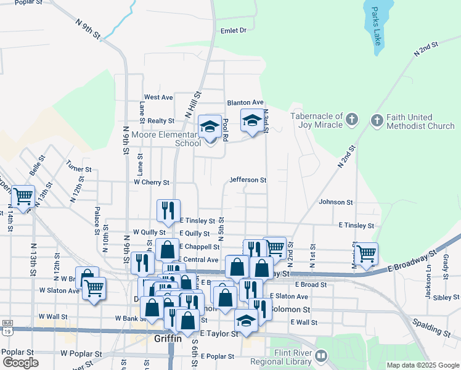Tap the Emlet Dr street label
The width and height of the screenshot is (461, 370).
[233, 30]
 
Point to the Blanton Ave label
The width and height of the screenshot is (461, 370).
[245, 102]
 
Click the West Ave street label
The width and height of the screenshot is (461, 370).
[158, 97]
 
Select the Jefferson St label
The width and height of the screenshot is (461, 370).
[248, 180]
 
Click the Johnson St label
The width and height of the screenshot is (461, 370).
[336, 202]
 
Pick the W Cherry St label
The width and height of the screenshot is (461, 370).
[152, 183]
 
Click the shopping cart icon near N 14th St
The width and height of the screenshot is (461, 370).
[23, 197]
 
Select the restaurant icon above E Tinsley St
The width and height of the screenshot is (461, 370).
[168, 211]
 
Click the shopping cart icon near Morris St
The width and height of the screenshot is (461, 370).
[366, 253]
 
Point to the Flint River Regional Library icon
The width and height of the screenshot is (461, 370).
[322, 356]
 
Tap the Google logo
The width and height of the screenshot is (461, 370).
[20, 363]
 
